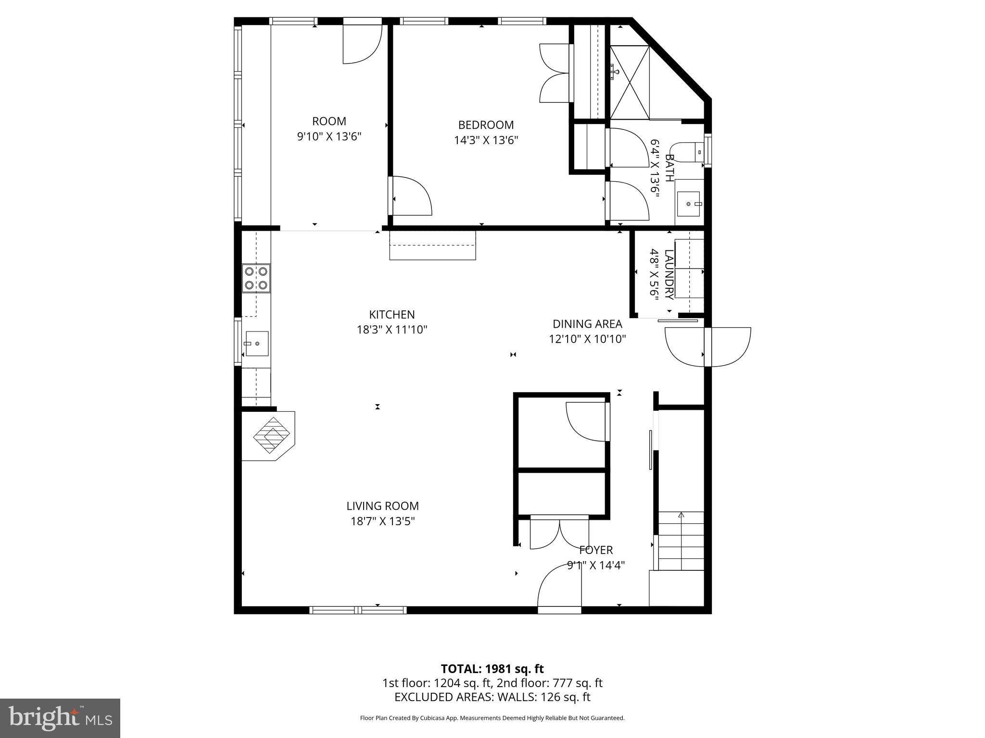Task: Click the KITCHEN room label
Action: click(391, 315)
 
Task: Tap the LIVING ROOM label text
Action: click(382, 506)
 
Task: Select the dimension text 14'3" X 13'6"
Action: click(486, 140)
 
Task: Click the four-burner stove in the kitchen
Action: click(256, 278)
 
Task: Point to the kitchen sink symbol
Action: click(257, 344)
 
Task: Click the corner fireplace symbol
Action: click(272, 435)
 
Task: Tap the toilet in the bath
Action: click(689, 152)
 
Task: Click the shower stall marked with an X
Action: click(630, 82)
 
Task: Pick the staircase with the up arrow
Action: click(681, 541)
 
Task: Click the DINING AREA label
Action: click(587, 324)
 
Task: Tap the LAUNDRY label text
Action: click(669, 274)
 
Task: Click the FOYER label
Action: click(596, 550)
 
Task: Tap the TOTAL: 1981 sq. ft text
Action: click(492, 669)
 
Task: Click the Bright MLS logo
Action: click(60, 718)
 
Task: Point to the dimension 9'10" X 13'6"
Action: click(329, 137)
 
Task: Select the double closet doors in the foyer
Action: click(559, 532)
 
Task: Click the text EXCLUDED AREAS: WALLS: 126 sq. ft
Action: click(492, 697)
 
